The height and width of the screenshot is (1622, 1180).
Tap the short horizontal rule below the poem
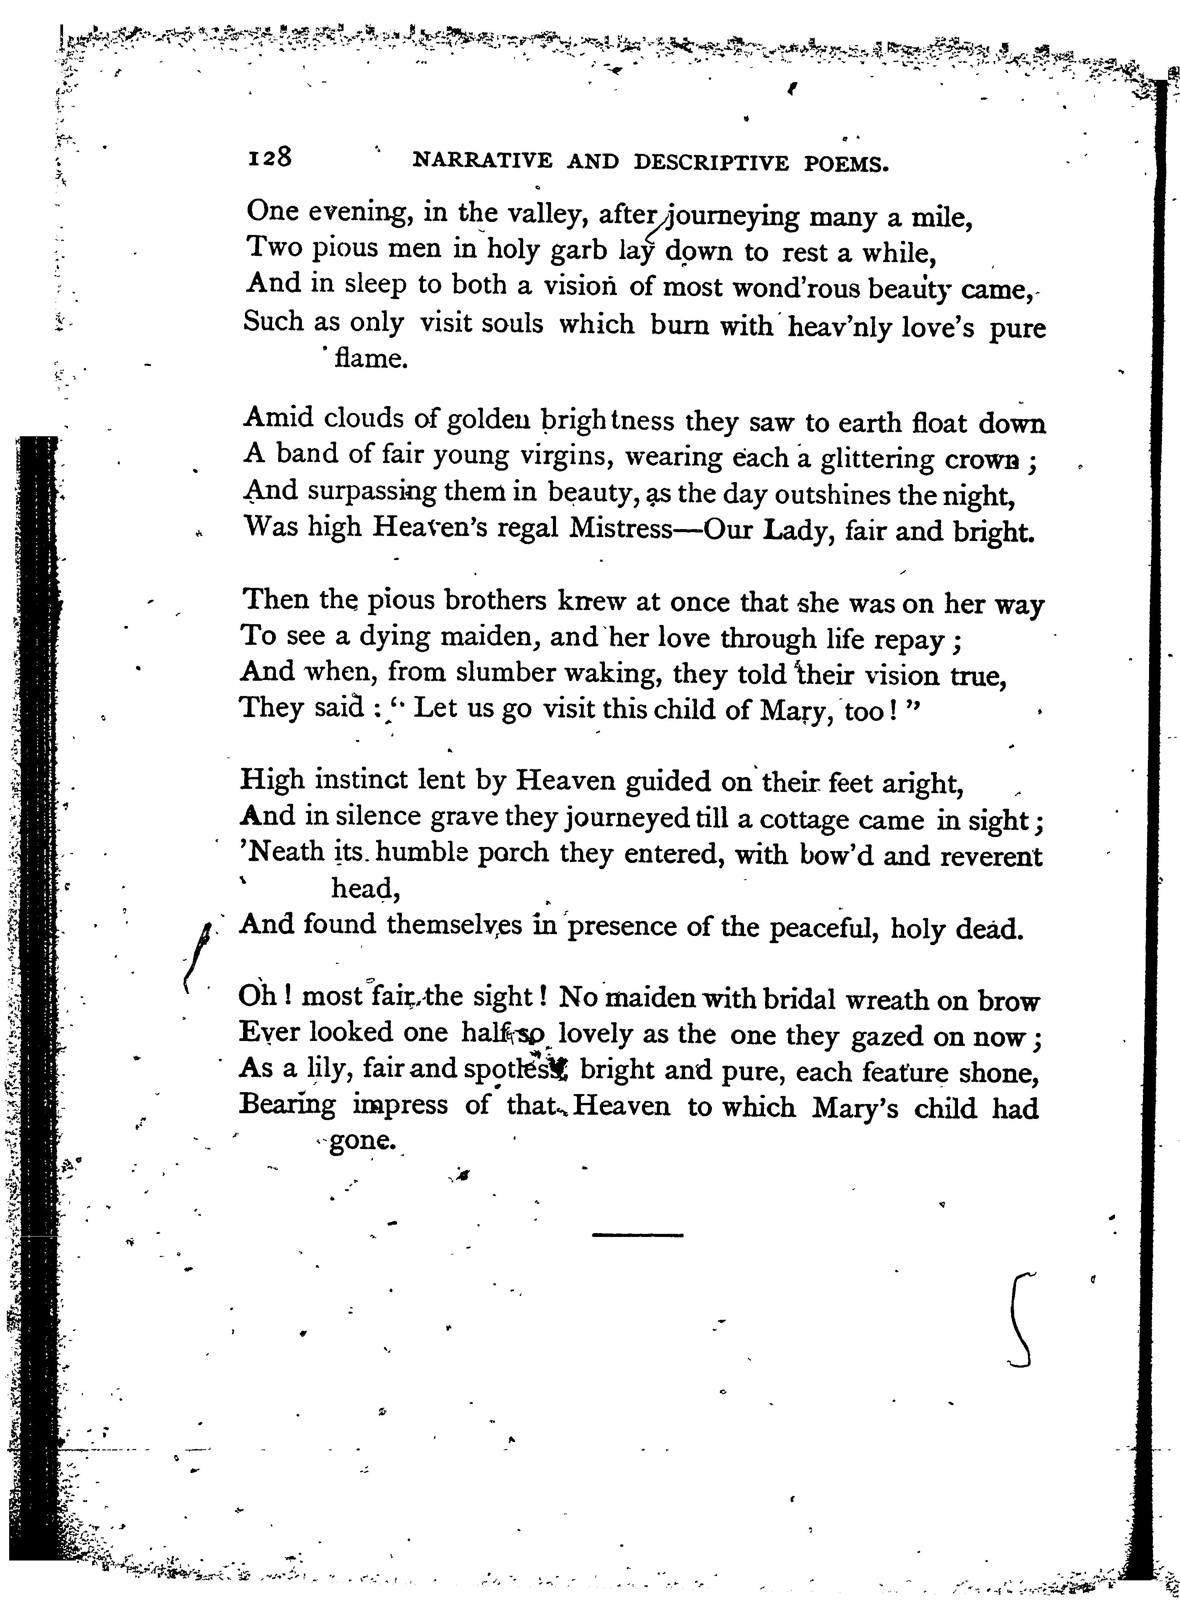coord(638,1234)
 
